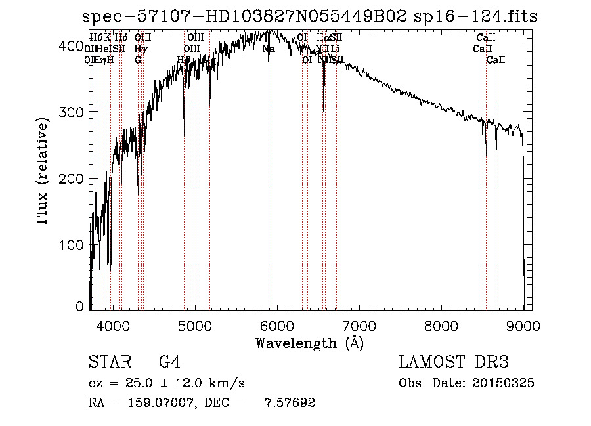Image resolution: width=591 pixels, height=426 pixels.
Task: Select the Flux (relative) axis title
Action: click(44, 173)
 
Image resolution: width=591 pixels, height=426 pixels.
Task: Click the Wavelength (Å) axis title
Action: click(309, 343)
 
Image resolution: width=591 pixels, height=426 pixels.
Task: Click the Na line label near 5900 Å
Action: click(269, 49)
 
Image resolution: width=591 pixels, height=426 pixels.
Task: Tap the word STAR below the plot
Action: click(108, 362)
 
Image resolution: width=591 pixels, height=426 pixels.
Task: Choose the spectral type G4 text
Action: click(169, 362)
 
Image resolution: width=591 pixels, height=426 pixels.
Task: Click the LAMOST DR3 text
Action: click(454, 362)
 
